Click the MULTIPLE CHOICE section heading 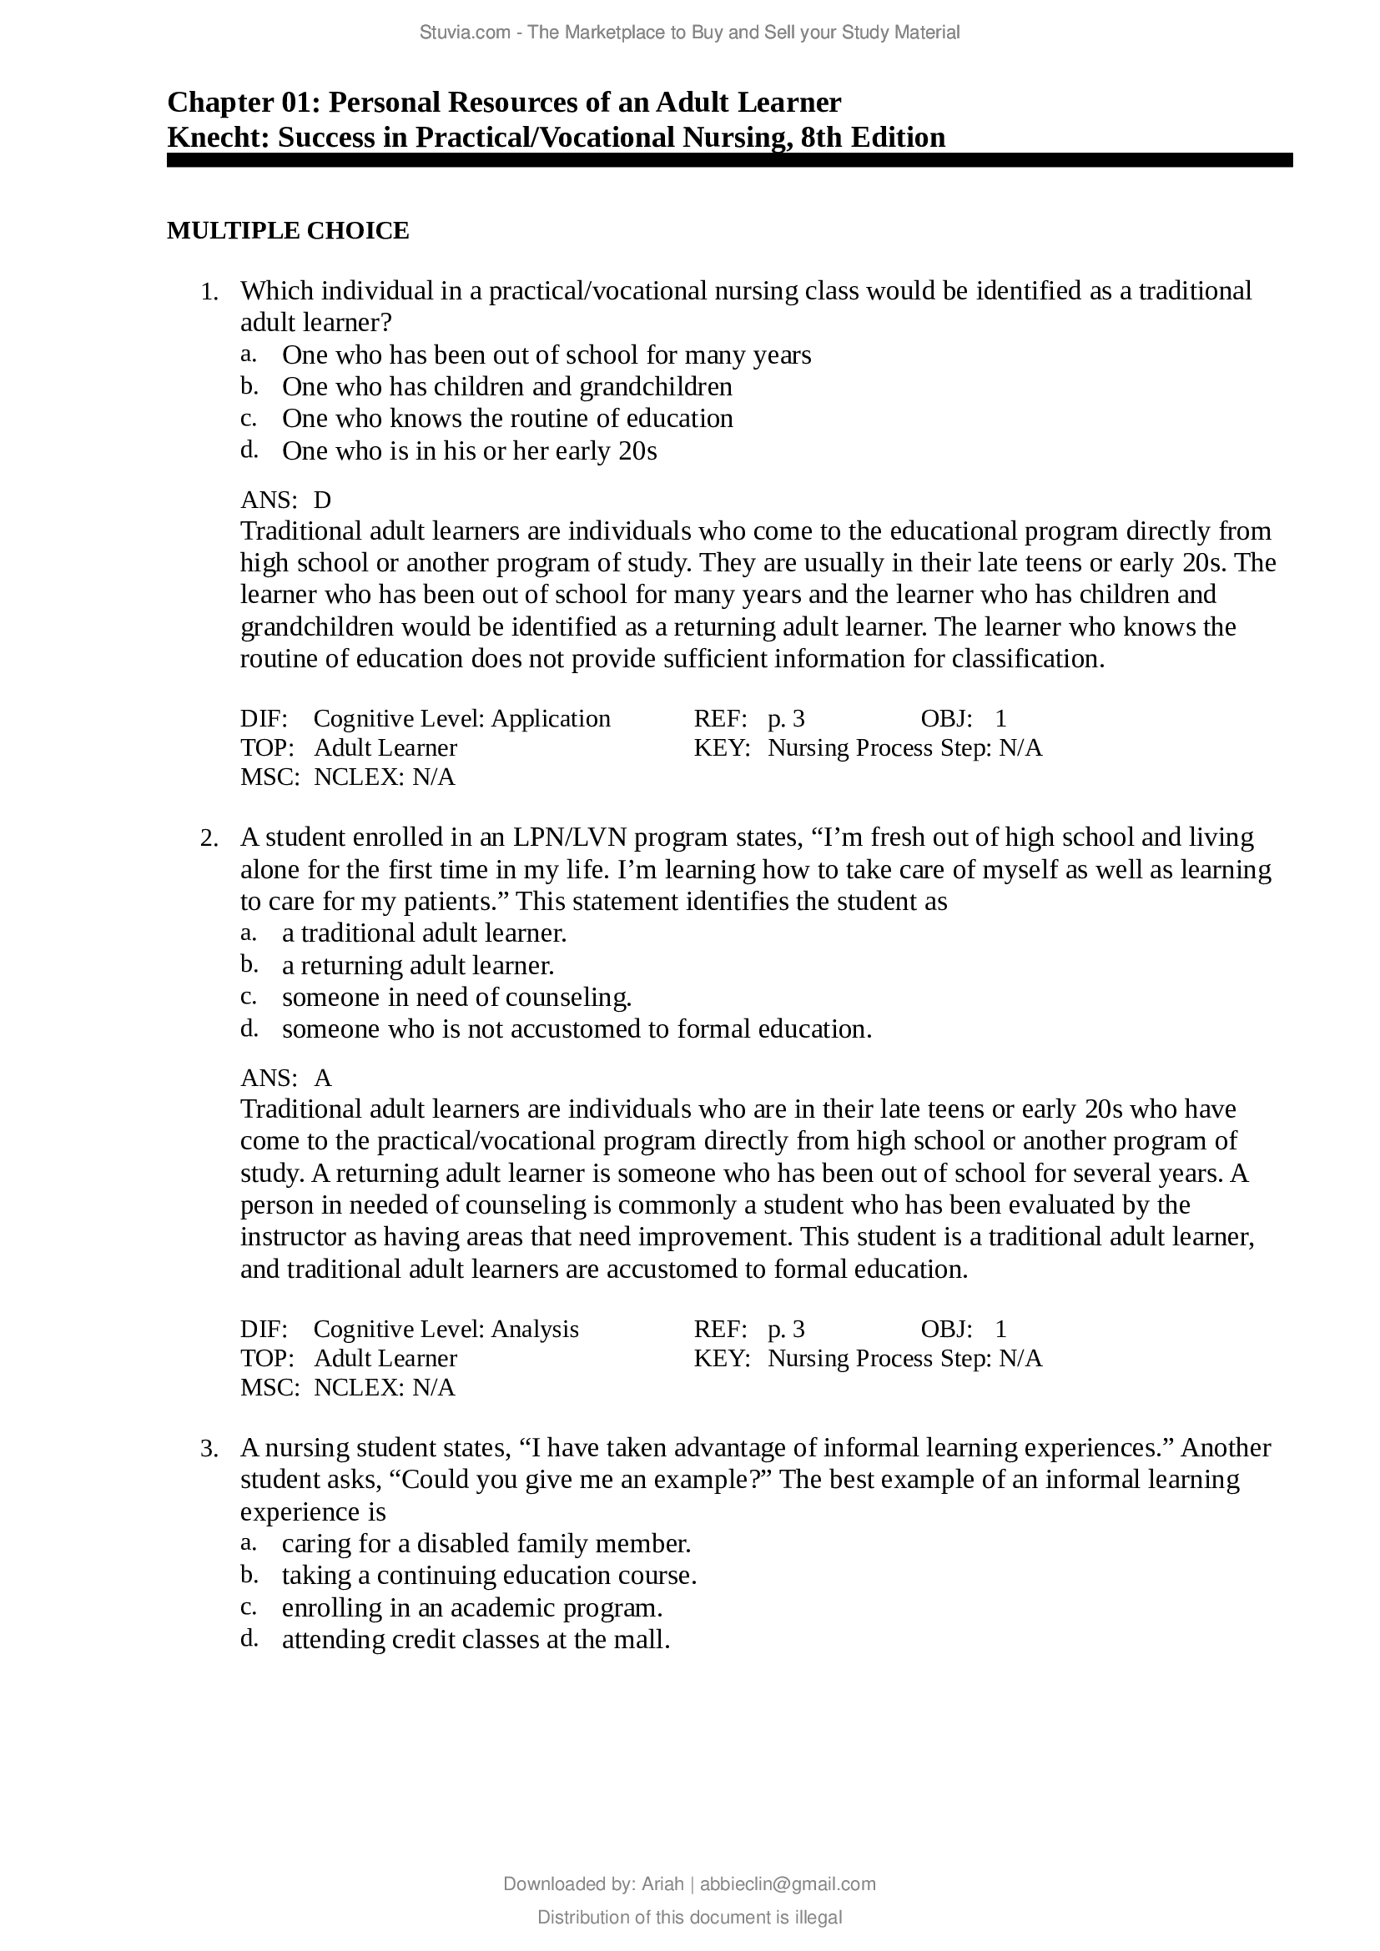click(288, 231)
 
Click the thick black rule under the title click(729, 161)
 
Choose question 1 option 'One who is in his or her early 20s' click(469, 451)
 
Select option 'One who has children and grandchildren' click(506, 388)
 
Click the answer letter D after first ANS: click(323, 500)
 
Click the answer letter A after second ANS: click(323, 1079)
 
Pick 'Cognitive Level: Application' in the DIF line click(461, 719)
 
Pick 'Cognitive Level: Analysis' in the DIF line click(446, 1329)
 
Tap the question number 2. click(209, 838)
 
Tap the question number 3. click(209, 1449)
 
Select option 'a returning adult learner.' click(418, 966)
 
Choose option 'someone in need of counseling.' click(456, 998)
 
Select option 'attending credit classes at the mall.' click(476, 1639)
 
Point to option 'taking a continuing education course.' click(489, 1576)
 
